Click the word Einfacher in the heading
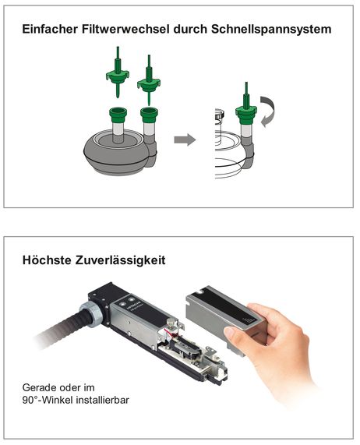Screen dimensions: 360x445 [50, 30]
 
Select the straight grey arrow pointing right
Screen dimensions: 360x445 [185, 140]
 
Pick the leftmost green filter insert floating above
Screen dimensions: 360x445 [118, 72]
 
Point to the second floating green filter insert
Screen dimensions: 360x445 [149, 80]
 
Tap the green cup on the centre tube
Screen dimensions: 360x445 [118, 115]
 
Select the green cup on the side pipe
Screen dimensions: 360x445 [149, 115]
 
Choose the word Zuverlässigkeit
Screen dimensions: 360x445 [120, 260]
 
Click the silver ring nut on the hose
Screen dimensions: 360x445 [92, 314]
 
